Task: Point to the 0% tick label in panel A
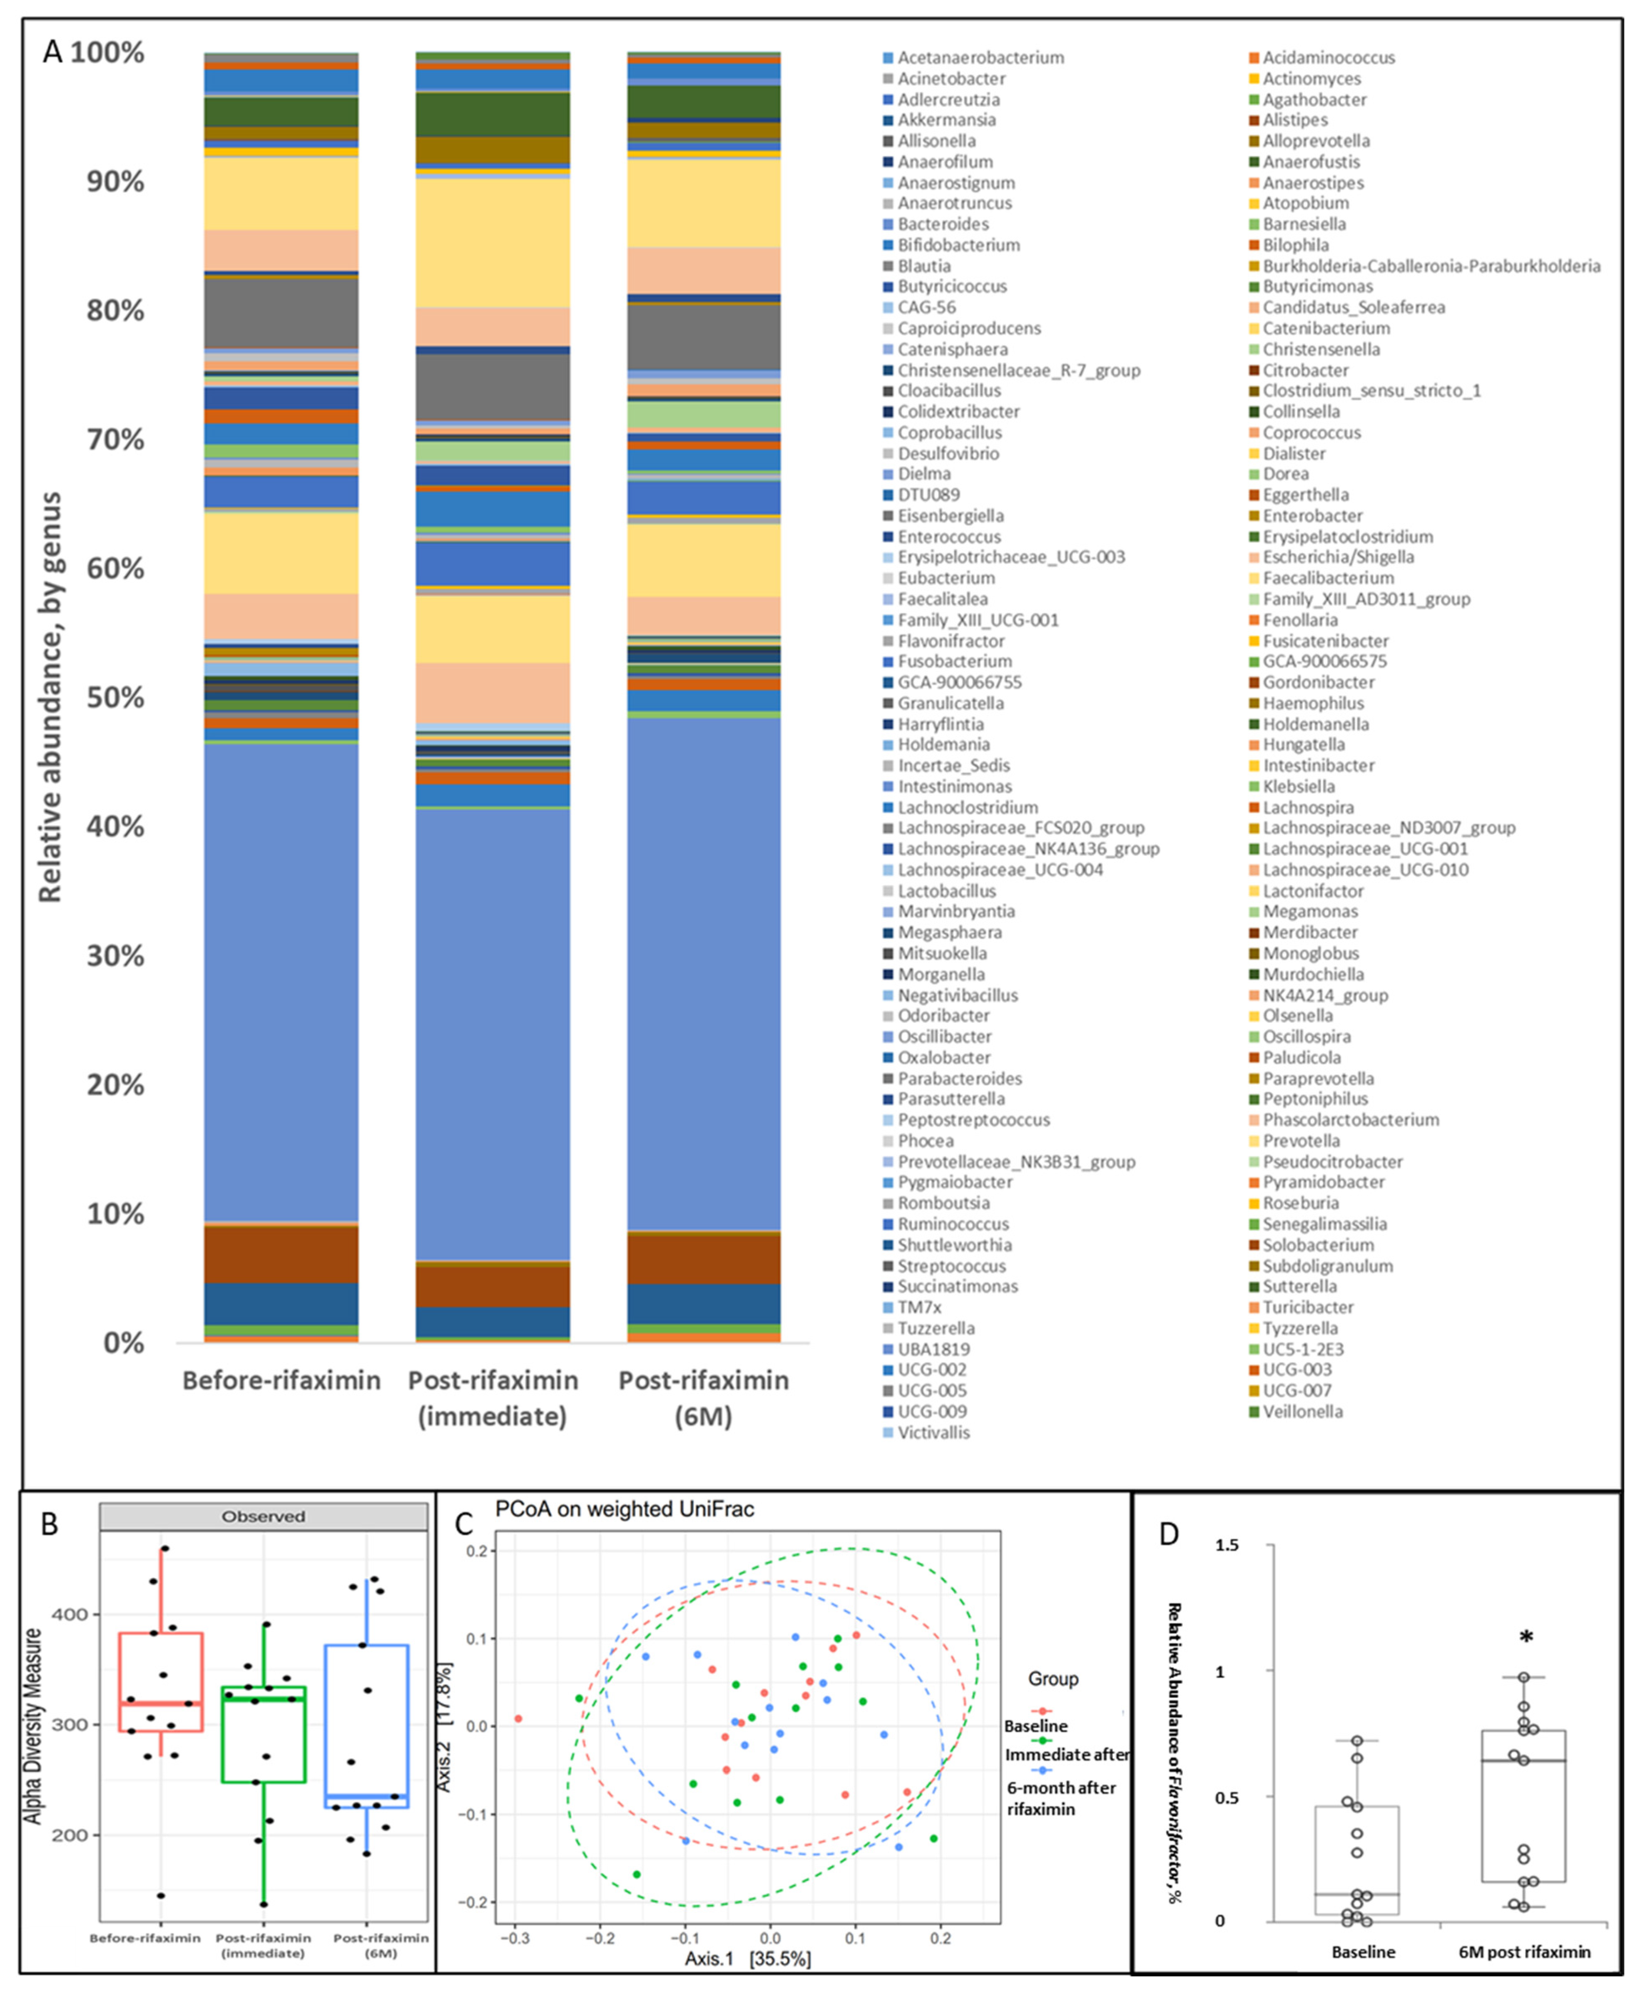click(x=123, y=1342)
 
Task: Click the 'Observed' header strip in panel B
click(x=264, y=1516)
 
